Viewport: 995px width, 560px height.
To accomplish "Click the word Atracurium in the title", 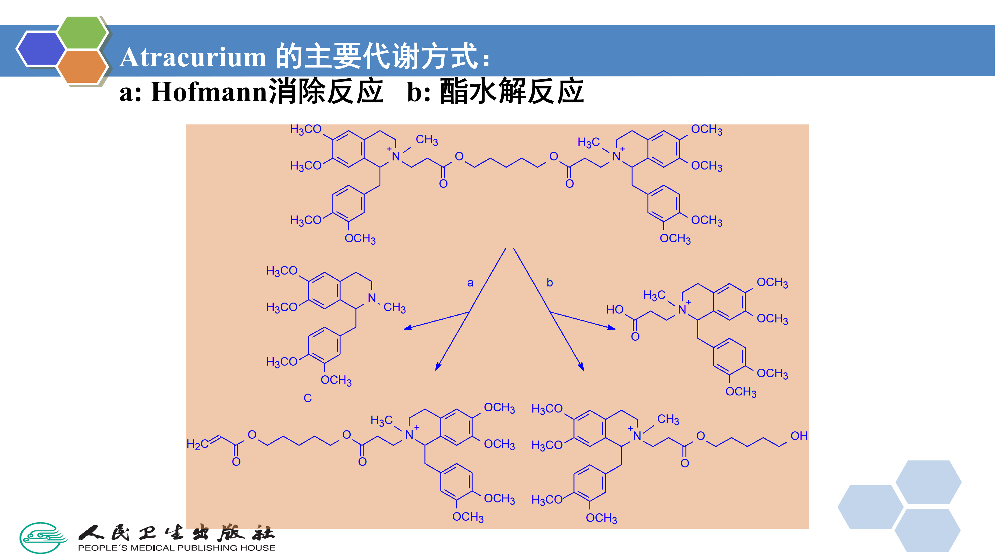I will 192,58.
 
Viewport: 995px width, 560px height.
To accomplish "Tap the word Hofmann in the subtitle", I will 209,92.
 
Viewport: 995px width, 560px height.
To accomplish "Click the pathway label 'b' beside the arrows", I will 550,283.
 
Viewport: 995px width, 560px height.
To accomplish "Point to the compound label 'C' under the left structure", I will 308,398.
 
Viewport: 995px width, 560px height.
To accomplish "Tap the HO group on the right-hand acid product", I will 615,310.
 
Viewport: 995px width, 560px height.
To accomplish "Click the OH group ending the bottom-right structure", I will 799,436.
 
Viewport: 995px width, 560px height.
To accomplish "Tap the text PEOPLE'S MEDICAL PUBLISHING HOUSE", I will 176,548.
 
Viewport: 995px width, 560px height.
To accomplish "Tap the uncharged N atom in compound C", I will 372,298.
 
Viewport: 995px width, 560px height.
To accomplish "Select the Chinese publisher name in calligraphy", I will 176,533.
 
